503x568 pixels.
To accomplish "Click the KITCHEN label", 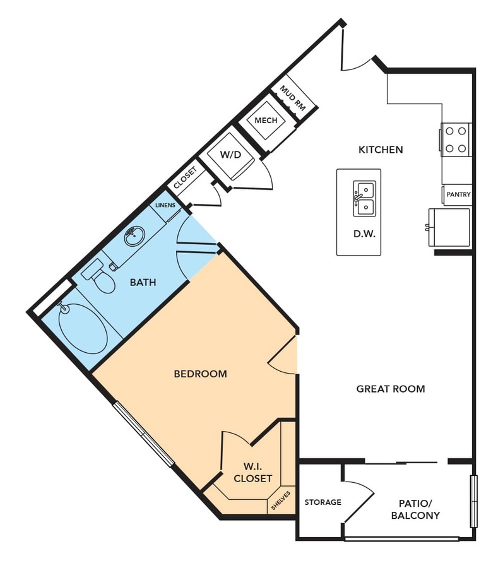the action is [x=381, y=150].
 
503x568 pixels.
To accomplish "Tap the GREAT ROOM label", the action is [x=391, y=389].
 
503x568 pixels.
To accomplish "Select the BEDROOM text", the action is [x=201, y=374].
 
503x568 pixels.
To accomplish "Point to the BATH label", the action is [x=143, y=282].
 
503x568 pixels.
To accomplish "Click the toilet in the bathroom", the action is [x=98, y=277].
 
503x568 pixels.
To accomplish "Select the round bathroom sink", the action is [x=134, y=236].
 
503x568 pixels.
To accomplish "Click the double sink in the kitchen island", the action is [x=364, y=199].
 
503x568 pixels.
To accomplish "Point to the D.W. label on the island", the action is [x=364, y=234].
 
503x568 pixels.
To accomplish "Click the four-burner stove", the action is [x=456, y=140].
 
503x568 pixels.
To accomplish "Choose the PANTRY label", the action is [x=458, y=194].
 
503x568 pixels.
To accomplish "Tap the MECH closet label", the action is [x=266, y=121].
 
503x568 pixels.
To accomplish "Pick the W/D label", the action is [x=231, y=155].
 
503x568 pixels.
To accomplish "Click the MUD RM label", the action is [x=293, y=98].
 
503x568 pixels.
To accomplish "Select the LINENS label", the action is [x=165, y=205].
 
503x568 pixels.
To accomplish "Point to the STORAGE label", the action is [x=323, y=502].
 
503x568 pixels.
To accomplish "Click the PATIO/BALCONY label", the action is [x=415, y=509].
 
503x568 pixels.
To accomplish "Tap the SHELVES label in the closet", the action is [x=281, y=500].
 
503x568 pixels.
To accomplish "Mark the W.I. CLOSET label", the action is [x=253, y=472].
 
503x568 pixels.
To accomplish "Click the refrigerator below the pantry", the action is [x=449, y=227].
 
